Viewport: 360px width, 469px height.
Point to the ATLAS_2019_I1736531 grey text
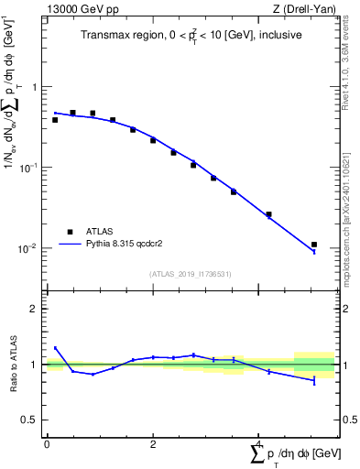(x=189, y=274)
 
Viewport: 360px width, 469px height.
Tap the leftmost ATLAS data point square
(x=55, y=120)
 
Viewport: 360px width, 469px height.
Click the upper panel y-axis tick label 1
(x=35, y=88)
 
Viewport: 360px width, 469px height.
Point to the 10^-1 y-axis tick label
(x=29, y=168)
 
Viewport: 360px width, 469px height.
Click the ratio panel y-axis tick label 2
(x=35, y=310)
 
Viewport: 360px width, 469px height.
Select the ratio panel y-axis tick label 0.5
(x=31, y=420)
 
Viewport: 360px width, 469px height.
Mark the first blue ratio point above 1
(x=55, y=348)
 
